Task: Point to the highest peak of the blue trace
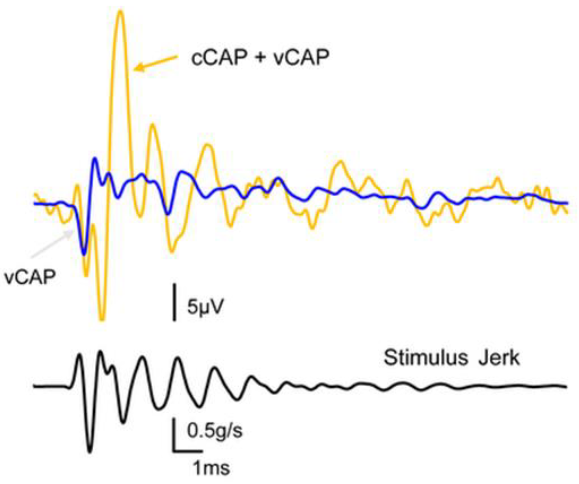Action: pos(95,159)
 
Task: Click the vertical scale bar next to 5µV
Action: pos(174,303)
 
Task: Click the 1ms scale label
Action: pos(211,468)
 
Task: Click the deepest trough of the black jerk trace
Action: pos(90,451)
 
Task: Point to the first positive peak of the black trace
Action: pos(79,355)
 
